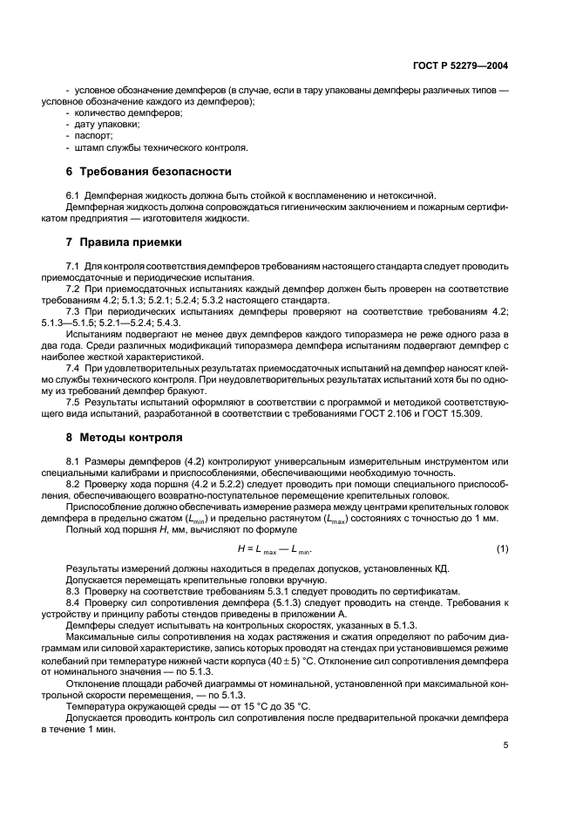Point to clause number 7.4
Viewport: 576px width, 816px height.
click(x=73, y=369)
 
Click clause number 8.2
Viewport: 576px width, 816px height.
click(x=73, y=484)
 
